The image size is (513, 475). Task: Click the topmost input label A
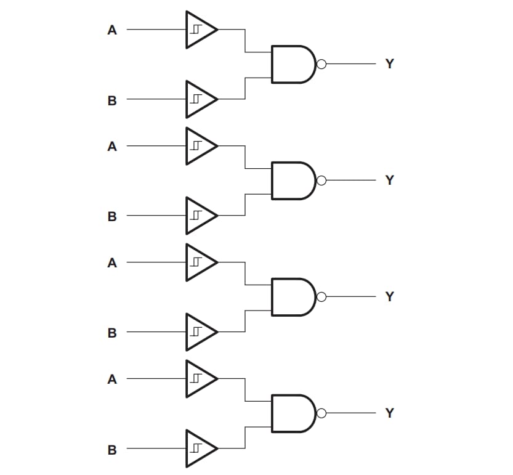point(112,30)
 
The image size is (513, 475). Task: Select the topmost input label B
point(112,100)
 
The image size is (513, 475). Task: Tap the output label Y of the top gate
point(389,63)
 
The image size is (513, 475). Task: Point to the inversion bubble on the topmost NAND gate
point(321,63)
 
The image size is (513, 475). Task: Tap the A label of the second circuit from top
point(112,146)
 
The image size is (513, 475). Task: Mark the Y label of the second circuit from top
point(389,180)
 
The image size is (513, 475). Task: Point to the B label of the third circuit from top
point(112,333)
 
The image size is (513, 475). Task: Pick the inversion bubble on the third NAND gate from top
point(321,296)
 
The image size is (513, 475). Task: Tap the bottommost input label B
point(112,450)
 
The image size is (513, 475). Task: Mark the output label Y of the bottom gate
point(389,413)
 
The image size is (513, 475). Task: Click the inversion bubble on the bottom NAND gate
point(321,413)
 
